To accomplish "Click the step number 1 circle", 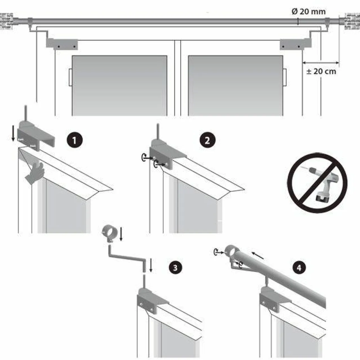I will pos(74,140).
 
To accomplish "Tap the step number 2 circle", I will pos(207,140).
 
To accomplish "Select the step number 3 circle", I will pos(175,267).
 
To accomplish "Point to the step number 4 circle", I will pos(299,267).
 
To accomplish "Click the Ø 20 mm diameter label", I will pos(309,12).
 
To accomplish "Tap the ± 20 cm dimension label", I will pos(321,71).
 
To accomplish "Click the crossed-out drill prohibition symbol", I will pos(317,183).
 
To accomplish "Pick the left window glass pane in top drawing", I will pos(120,85).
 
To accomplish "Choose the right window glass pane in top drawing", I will pos(235,85).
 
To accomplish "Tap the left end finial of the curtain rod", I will pos(6,21).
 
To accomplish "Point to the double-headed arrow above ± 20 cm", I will pos(321,63).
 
